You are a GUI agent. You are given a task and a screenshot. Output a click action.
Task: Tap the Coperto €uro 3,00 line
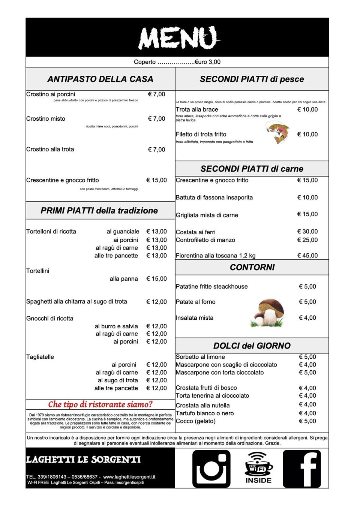click(177, 62)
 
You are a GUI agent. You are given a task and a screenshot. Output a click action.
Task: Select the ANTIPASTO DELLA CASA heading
click(100, 79)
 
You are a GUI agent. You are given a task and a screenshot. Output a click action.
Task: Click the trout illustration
click(278, 133)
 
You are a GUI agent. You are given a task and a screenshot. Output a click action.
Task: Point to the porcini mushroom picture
click(268, 312)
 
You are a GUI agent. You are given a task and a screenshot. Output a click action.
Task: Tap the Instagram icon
click(211, 469)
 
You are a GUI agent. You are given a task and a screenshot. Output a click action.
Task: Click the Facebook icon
click(302, 469)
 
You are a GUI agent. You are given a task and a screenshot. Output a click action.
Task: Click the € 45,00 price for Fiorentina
click(307, 256)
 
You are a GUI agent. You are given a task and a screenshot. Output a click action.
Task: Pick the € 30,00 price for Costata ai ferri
click(307, 232)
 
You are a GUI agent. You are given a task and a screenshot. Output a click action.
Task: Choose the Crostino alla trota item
click(50, 149)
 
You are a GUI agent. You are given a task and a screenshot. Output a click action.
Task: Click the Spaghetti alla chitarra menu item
click(76, 301)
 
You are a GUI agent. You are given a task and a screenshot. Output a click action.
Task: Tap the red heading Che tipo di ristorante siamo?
click(100, 404)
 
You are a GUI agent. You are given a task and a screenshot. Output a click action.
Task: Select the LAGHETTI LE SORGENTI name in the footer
click(83, 460)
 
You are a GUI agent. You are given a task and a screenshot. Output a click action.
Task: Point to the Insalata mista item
click(195, 318)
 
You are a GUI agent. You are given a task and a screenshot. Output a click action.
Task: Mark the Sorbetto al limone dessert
click(200, 357)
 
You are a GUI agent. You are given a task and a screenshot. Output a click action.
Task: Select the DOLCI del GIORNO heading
click(252, 346)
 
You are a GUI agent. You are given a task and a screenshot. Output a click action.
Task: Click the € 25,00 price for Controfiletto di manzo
click(307, 240)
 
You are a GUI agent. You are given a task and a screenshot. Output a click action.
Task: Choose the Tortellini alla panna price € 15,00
click(156, 279)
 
